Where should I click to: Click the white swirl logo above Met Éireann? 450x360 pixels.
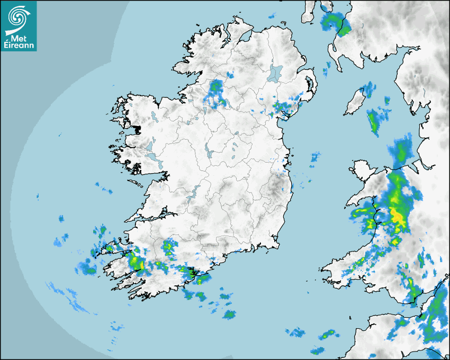tap(19, 18)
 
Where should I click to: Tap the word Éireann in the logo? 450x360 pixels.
tap(19, 46)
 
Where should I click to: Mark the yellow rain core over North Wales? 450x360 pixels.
tap(397, 216)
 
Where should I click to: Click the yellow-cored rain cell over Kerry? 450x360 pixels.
tap(137, 262)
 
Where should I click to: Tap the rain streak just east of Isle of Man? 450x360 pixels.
tap(375, 121)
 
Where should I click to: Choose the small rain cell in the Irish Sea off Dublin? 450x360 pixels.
tap(315, 157)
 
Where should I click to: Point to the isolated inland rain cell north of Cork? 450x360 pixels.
tap(169, 246)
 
